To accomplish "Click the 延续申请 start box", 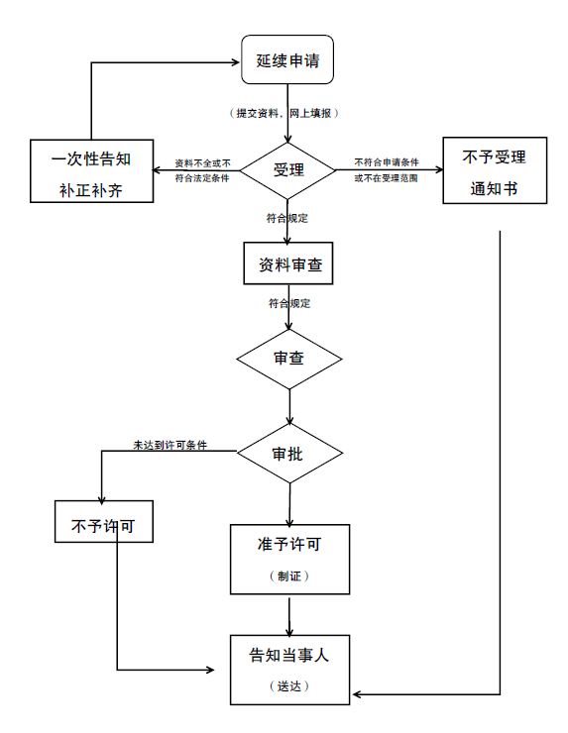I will pos(288,61).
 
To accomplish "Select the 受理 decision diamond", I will pos(288,169).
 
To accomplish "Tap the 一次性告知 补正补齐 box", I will pos(91,171).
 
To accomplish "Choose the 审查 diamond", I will pos(288,357).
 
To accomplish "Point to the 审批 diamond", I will pos(288,453).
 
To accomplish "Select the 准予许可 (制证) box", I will pos(289,558).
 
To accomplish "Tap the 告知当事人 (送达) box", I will pos(289,669).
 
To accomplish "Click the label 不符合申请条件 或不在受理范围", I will pos(393,169).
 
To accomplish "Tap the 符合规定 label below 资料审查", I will pos(289,303).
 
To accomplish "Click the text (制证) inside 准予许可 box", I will pos(289,576).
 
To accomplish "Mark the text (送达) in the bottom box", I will pos(289,685).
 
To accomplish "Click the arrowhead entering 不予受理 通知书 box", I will pos(436,168).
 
